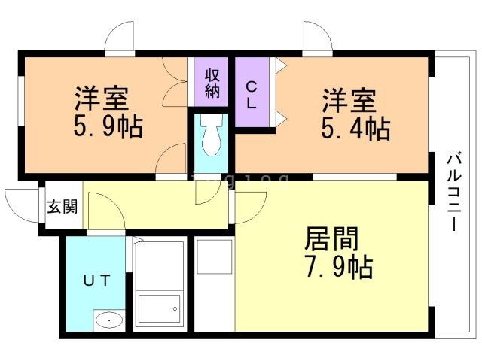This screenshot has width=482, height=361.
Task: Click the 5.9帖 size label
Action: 108,126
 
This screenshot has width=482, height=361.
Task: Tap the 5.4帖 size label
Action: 357,129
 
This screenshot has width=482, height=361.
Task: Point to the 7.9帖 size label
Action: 340,266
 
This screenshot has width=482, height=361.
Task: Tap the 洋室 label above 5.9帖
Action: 101,99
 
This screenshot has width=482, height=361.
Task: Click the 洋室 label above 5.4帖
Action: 349,101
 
